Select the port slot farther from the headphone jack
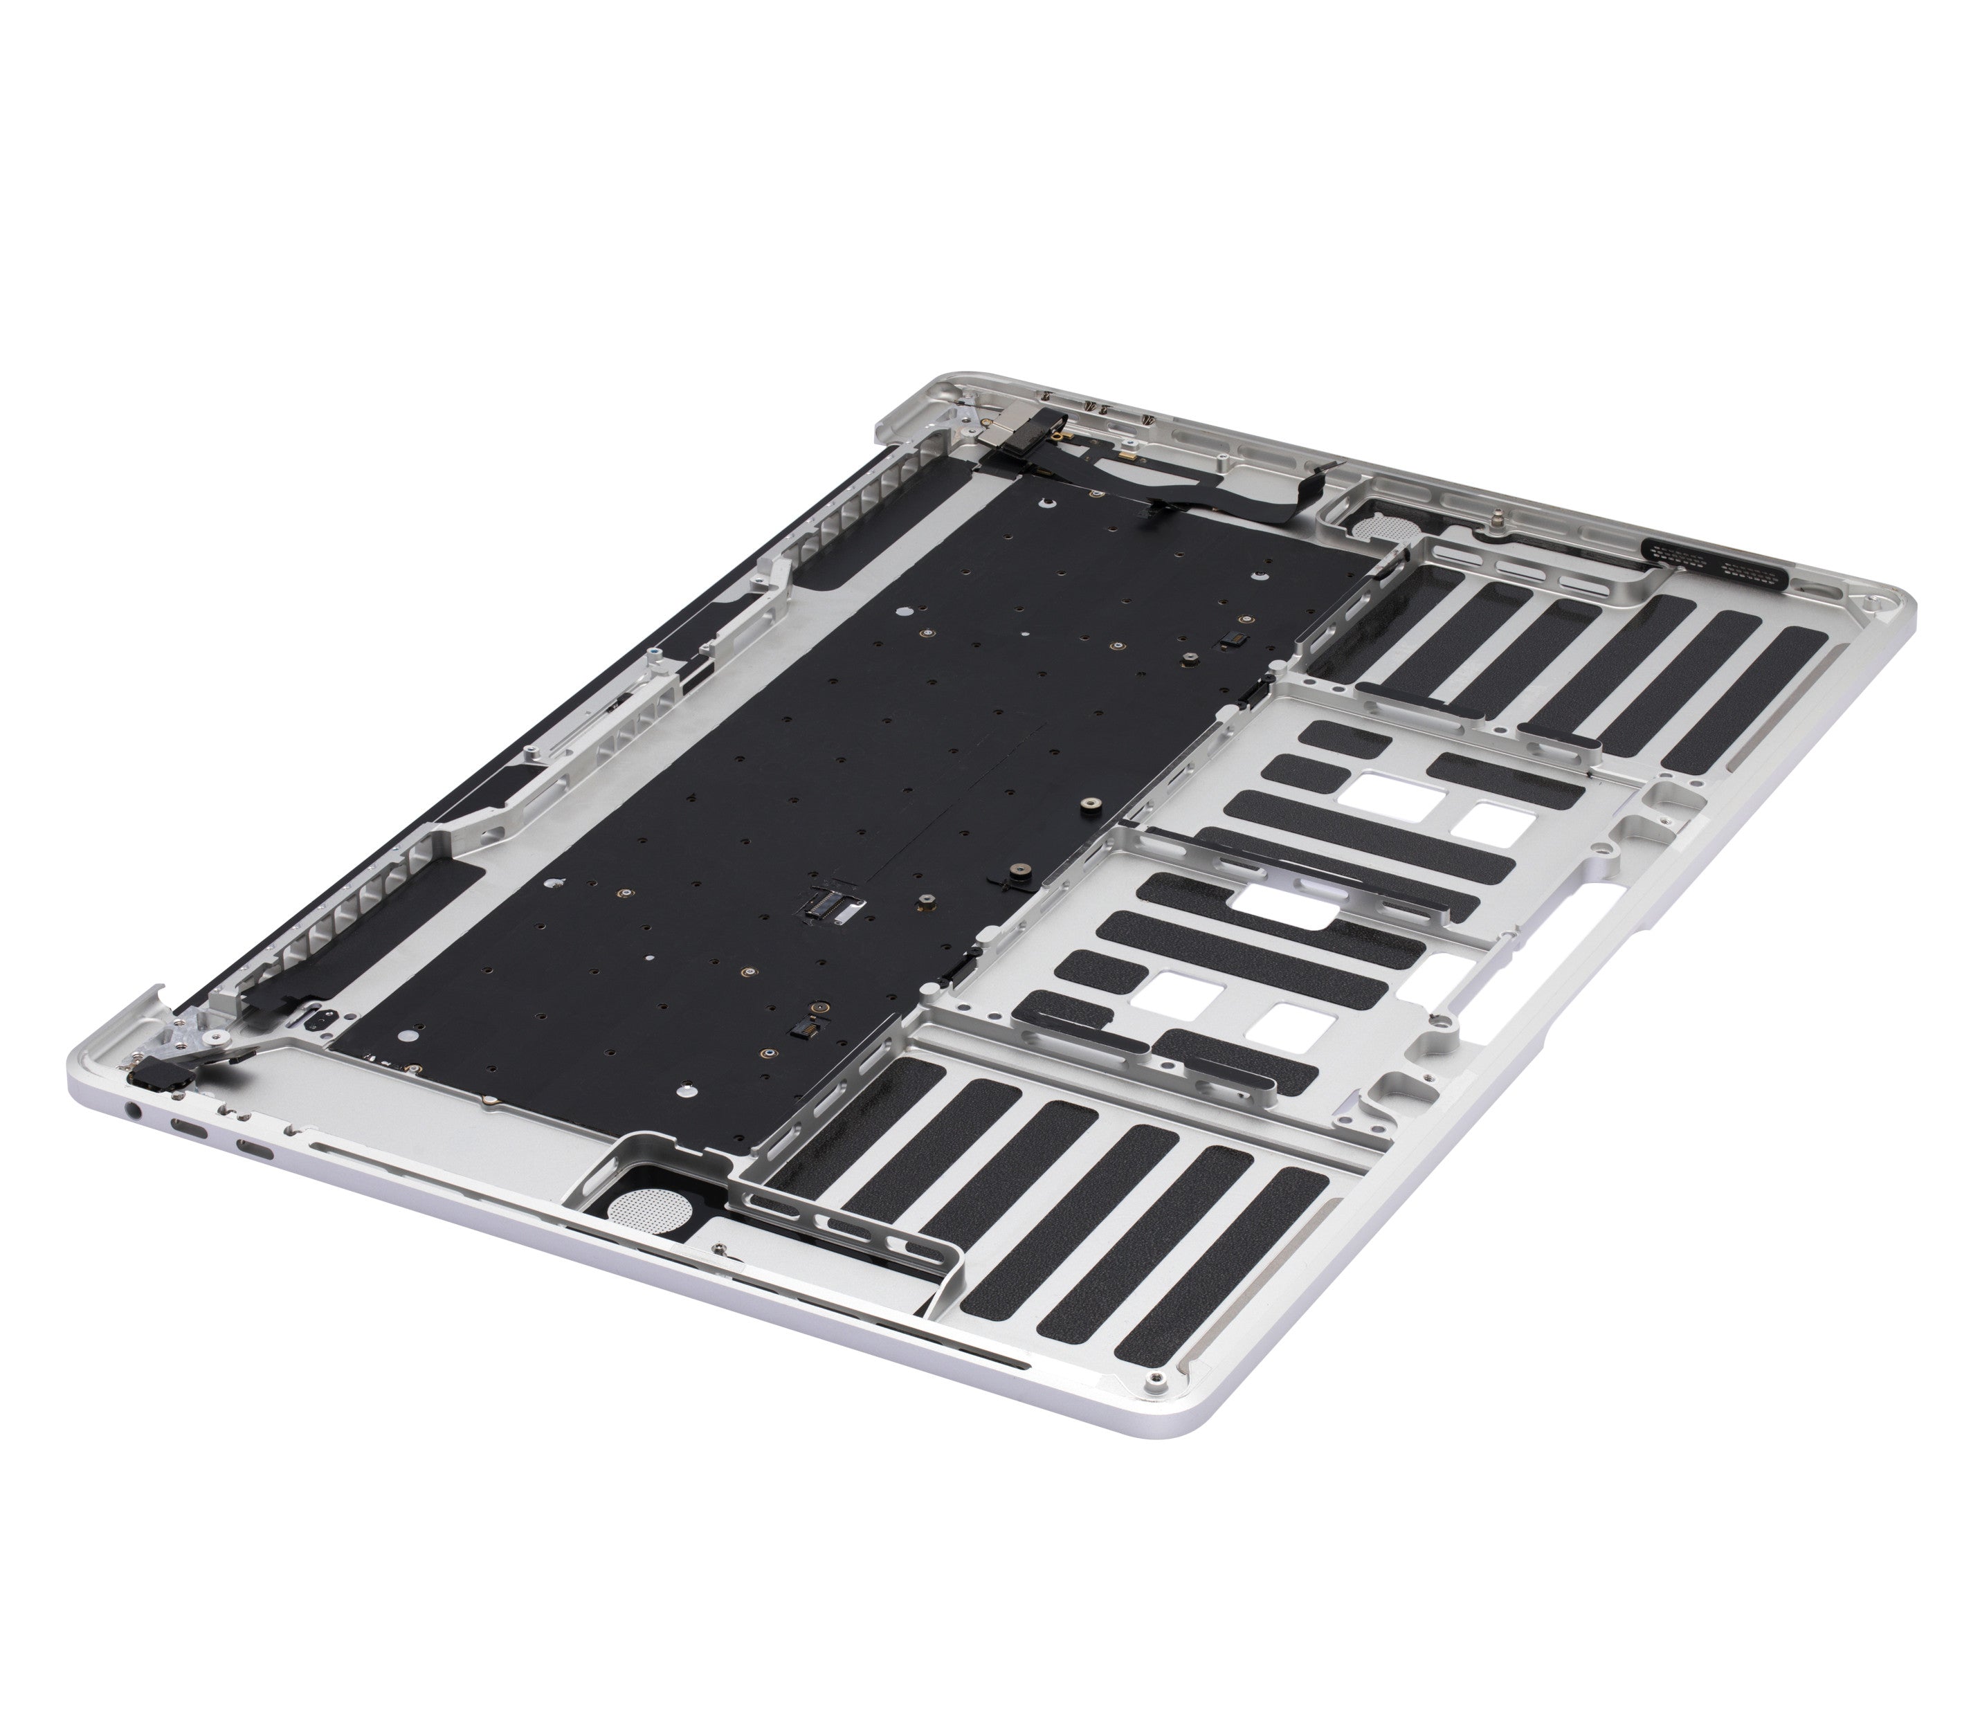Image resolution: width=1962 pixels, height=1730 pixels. pos(255,1151)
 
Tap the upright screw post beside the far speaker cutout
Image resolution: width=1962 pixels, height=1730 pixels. pos(1496,522)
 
